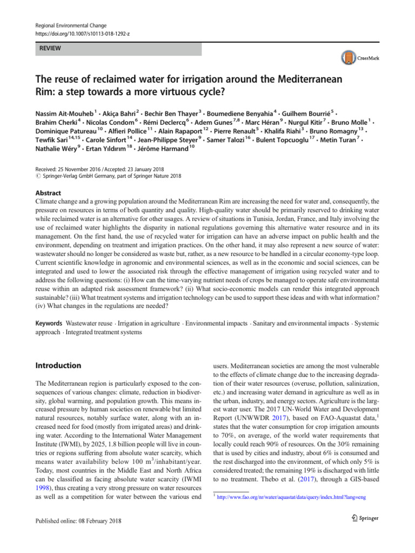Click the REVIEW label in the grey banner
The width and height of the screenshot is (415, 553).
tap(49, 49)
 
